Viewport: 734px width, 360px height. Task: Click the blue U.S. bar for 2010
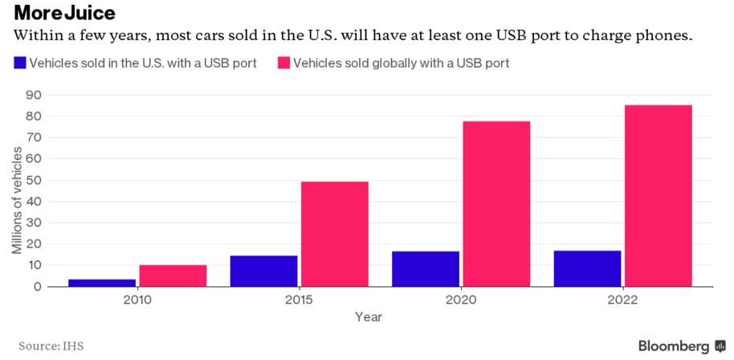pyautogui.click(x=102, y=282)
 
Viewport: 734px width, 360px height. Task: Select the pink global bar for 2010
pyautogui.click(x=173, y=276)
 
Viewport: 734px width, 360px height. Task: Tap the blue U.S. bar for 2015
pyautogui.click(x=263, y=271)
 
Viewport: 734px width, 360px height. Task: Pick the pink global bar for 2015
pyautogui.click(x=334, y=234)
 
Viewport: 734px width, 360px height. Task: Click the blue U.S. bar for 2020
pyautogui.click(x=426, y=268)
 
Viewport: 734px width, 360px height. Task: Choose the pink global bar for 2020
pyautogui.click(x=496, y=203)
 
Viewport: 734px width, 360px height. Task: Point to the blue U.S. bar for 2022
pyautogui.click(x=587, y=268)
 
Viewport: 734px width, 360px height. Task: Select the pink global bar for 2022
pyautogui.click(x=658, y=195)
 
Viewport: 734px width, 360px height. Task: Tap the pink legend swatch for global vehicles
pyautogui.click(x=283, y=63)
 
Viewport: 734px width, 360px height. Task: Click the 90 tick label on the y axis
pyautogui.click(x=34, y=95)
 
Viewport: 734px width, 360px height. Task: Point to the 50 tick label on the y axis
pyautogui.click(x=34, y=180)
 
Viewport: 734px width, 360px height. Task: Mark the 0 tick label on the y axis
pyautogui.click(x=37, y=286)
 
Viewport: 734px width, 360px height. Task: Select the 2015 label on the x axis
pyautogui.click(x=299, y=300)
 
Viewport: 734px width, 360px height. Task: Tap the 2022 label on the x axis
pyautogui.click(x=622, y=300)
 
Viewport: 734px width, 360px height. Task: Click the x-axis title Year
pyautogui.click(x=369, y=317)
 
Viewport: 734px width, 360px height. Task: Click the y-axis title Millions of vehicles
pyautogui.click(x=17, y=201)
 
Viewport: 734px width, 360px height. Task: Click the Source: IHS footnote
pyautogui.click(x=51, y=346)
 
